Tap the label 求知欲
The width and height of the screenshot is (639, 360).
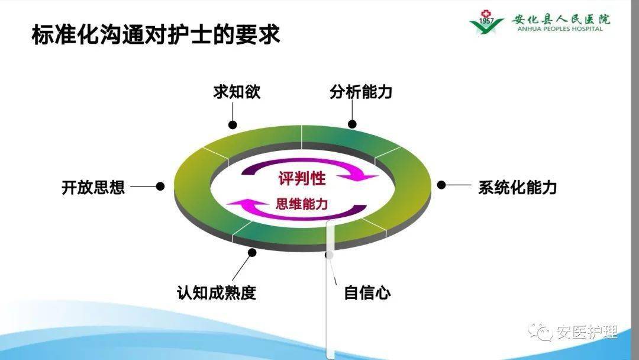point(237,93)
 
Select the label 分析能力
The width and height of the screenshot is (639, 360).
point(361,93)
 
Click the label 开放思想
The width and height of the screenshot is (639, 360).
point(93,187)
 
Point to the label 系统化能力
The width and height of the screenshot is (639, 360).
point(517,188)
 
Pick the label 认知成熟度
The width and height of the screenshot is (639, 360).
point(217,292)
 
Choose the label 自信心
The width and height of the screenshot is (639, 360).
point(367,292)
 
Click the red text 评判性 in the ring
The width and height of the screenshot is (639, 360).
point(302,179)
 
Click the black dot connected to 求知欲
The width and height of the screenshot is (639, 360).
point(233,124)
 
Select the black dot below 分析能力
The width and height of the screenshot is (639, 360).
point(352,124)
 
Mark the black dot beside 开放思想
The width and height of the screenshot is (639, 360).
point(160,186)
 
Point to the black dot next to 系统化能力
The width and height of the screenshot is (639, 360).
point(441,185)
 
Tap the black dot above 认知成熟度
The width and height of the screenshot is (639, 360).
point(252,252)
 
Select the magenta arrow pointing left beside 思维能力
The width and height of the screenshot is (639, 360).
point(248,205)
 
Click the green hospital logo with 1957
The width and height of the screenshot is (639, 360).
point(486,22)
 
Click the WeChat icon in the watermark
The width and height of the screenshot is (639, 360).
point(540,332)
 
